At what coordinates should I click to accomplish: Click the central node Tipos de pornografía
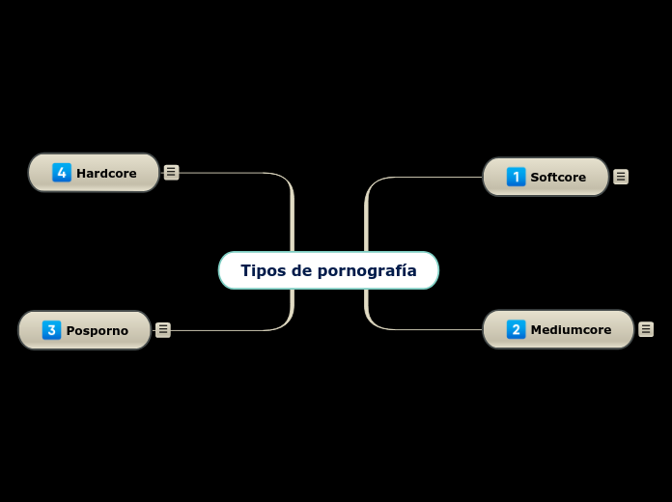pyautogui.click(x=328, y=270)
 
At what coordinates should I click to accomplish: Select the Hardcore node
pyautogui.click(x=94, y=173)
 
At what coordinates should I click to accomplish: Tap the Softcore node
pyautogui.click(x=546, y=177)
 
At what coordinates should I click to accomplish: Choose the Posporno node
pyautogui.click(x=85, y=330)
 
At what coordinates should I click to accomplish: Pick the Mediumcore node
pyautogui.click(x=558, y=329)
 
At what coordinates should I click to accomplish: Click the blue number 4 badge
pyautogui.click(x=62, y=173)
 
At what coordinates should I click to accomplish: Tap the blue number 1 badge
pyautogui.click(x=516, y=177)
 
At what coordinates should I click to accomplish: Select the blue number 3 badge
pyautogui.click(x=52, y=330)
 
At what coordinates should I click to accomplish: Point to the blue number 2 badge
pyautogui.click(x=516, y=329)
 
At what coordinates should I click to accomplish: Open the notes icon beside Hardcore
pyautogui.click(x=171, y=173)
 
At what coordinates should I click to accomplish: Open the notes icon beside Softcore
pyautogui.click(x=621, y=177)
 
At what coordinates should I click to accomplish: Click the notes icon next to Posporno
pyautogui.click(x=163, y=330)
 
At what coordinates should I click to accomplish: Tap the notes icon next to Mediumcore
pyautogui.click(x=646, y=329)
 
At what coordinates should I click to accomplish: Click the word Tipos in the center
pyautogui.click(x=260, y=270)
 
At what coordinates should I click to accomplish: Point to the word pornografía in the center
pyautogui.click(x=367, y=271)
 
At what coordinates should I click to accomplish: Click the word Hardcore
pyautogui.click(x=106, y=174)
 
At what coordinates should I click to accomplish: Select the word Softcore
pyautogui.click(x=558, y=178)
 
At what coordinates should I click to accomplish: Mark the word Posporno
pyautogui.click(x=97, y=331)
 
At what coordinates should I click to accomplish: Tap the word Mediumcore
pyautogui.click(x=571, y=330)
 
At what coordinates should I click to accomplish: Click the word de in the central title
pyautogui.click(x=303, y=270)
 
